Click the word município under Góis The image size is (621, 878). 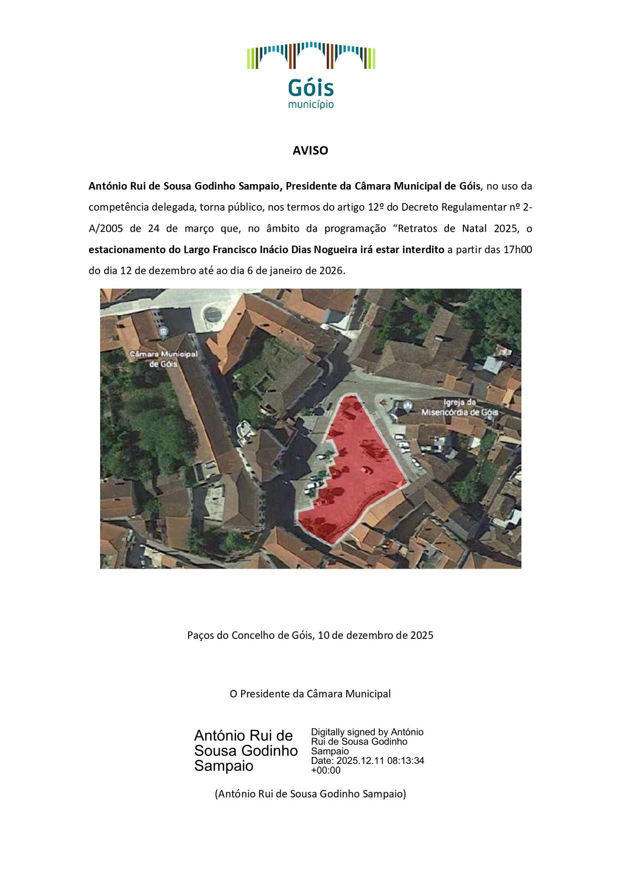[311, 105]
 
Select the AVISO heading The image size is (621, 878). [310, 151]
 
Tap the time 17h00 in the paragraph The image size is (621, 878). [517, 250]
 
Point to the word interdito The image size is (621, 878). [423, 250]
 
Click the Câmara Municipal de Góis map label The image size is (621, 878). [164, 358]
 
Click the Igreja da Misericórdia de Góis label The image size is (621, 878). [459, 408]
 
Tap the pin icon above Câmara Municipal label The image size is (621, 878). [163, 331]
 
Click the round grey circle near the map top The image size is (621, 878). [213, 314]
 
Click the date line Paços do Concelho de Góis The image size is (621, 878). [310, 635]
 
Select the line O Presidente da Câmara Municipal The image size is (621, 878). [310, 694]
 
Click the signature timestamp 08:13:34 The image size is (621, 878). [406, 761]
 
